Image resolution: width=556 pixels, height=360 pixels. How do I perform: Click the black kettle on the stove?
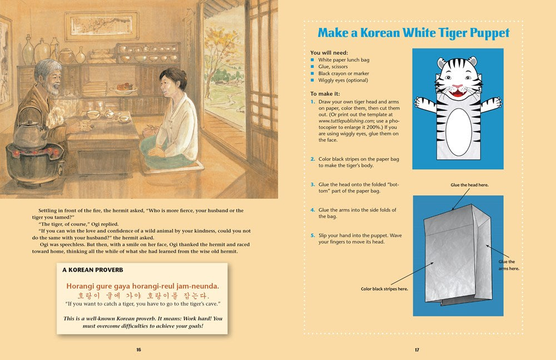click(30, 134)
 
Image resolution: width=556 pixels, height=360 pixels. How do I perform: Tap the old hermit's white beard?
click(53, 90)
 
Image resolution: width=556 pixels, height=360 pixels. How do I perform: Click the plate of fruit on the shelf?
click(123, 88)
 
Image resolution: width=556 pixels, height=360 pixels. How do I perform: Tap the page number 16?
click(138, 349)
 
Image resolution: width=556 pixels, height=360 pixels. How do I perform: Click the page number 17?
click(417, 349)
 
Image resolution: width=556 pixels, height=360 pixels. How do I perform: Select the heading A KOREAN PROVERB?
click(93, 270)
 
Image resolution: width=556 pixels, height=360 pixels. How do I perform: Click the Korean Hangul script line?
click(143, 295)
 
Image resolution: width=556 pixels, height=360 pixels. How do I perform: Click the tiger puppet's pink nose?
click(458, 86)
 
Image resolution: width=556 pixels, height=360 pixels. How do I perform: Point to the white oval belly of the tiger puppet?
click(459, 132)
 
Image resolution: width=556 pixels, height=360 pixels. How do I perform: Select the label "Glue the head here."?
click(469, 185)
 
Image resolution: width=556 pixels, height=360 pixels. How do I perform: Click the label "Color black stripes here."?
click(384, 289)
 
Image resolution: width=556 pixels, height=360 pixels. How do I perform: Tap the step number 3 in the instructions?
click(312, 185)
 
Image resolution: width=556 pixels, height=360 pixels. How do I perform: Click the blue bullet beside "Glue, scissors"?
click(312, 67)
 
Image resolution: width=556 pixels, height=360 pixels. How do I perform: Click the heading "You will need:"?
click(329, 52)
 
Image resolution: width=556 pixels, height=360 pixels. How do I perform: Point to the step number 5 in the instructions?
click(312, 235)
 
